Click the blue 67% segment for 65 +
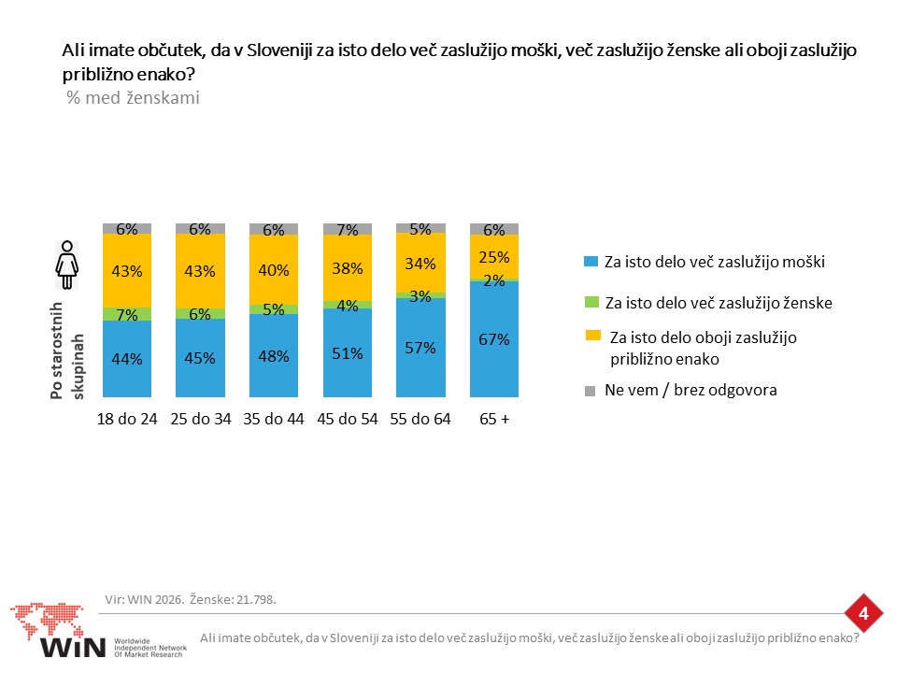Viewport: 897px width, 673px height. (x=494, y=338)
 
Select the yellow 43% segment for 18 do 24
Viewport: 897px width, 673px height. (x=127, y=271)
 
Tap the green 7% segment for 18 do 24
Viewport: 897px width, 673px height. (x=127, y=314)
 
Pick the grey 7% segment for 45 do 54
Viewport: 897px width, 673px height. (x=348, y=230)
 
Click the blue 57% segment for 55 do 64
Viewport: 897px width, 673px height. (x=420, y=348)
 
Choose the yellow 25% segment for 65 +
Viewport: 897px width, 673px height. (x=494, y=256)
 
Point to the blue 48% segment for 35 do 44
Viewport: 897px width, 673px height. (x=274, y=355)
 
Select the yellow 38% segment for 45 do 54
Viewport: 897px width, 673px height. (x=348, y=268)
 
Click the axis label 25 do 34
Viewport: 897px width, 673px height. (x=200, y=419)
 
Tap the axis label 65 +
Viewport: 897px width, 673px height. (x=494, y=419)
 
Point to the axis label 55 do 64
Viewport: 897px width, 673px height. (x=420, y=419)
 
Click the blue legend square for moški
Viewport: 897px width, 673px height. (x=591, y=262)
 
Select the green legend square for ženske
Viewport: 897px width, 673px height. (x=591, y=302)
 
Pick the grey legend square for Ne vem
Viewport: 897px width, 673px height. (x=590, y=391)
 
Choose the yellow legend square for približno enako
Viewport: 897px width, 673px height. (x=593, y=336)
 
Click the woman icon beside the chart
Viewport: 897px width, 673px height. (x=67, y=265)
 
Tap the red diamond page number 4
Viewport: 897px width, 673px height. (x=863, y=613)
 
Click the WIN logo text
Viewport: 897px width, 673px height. (x=73, y=647)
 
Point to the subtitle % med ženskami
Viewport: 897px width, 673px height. (x=134, y=98)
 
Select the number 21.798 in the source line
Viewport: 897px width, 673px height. (x=256, y=599)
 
